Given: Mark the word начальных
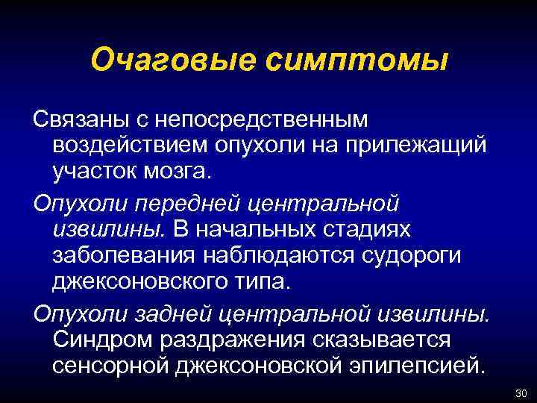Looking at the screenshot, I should coord(260,229).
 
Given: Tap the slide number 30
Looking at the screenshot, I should coord(521,394).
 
